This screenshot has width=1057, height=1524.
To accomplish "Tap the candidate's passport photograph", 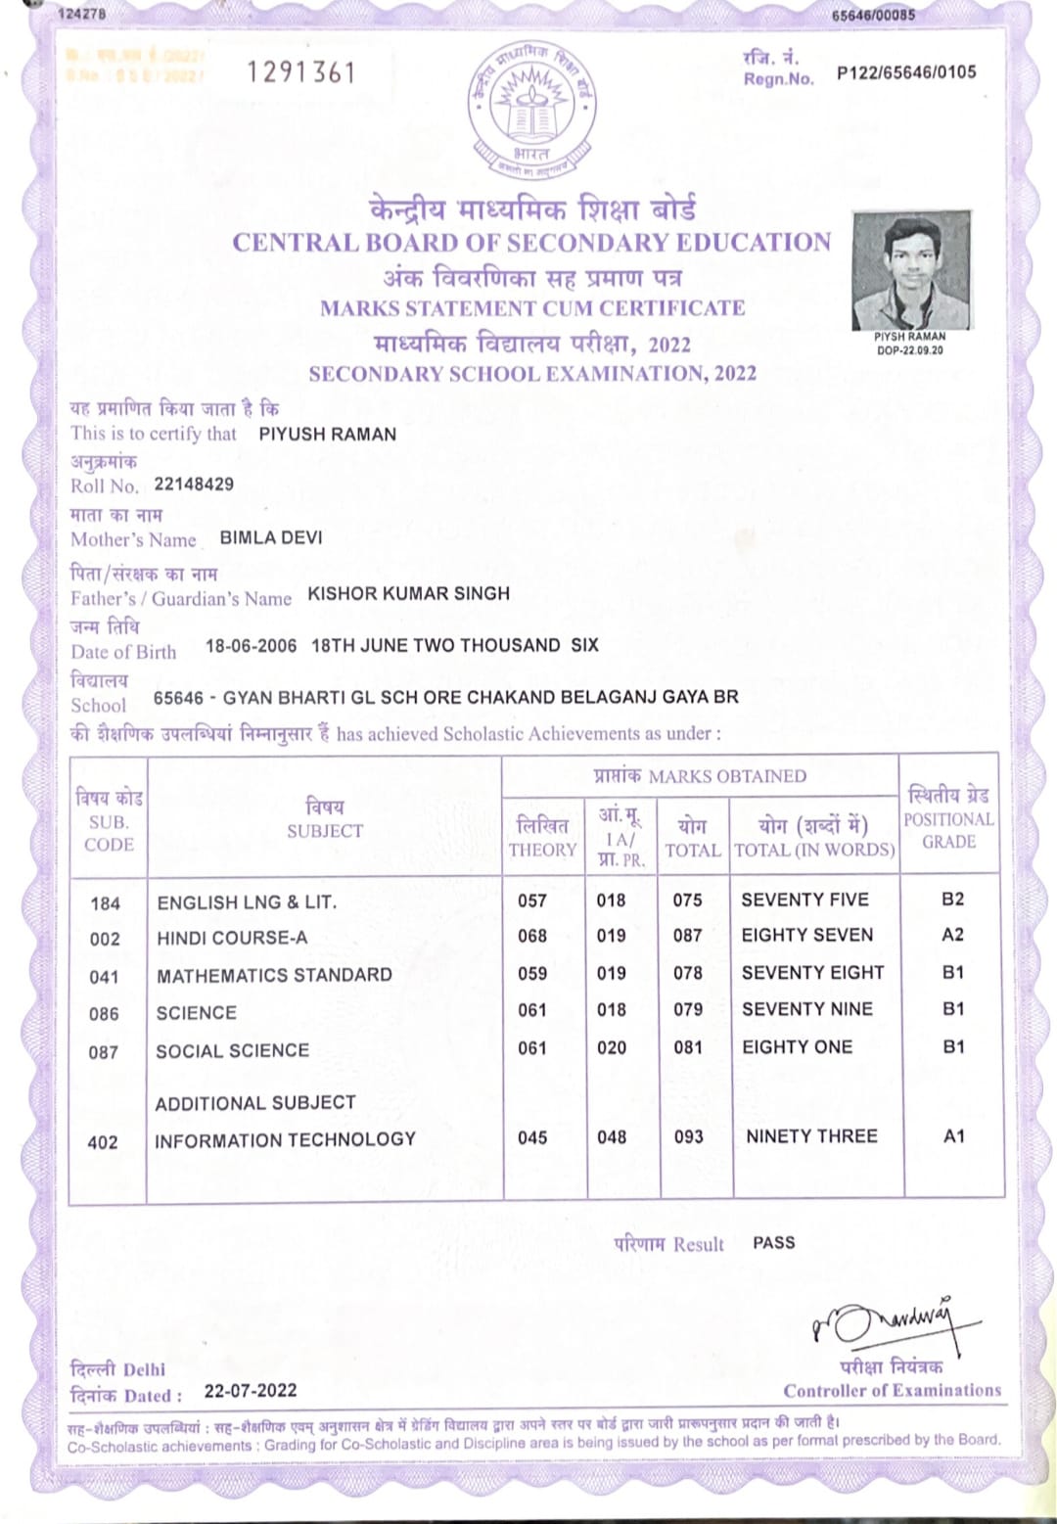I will (911, 271).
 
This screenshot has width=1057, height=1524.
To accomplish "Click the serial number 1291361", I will (300, 72).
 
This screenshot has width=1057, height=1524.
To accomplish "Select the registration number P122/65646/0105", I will (906, 72).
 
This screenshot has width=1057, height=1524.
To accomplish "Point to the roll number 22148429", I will (194, 485).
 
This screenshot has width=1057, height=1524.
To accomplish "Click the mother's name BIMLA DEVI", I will (271, 538).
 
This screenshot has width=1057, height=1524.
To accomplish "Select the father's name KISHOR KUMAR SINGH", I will (408, 594).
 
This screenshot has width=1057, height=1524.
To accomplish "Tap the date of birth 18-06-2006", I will (251, 646).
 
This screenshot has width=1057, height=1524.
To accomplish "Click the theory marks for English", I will (532, 901).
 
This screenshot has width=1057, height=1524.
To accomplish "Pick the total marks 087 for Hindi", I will (687, 936).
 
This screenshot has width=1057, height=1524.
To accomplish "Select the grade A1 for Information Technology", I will (953, 1136).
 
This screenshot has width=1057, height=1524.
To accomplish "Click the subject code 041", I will (104, 977).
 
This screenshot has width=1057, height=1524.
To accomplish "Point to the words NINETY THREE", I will (811, 1136).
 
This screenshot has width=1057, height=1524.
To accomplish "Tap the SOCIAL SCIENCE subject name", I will (233, 1051).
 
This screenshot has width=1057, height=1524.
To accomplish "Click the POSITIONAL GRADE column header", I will (948, 817).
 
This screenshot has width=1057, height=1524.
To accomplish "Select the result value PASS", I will (773, 1243).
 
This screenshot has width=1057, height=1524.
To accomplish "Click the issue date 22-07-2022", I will (251, 1391).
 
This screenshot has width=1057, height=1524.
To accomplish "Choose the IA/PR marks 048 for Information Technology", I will (612, 1137).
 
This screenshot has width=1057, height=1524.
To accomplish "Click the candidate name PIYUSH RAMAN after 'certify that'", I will (328, 435).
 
